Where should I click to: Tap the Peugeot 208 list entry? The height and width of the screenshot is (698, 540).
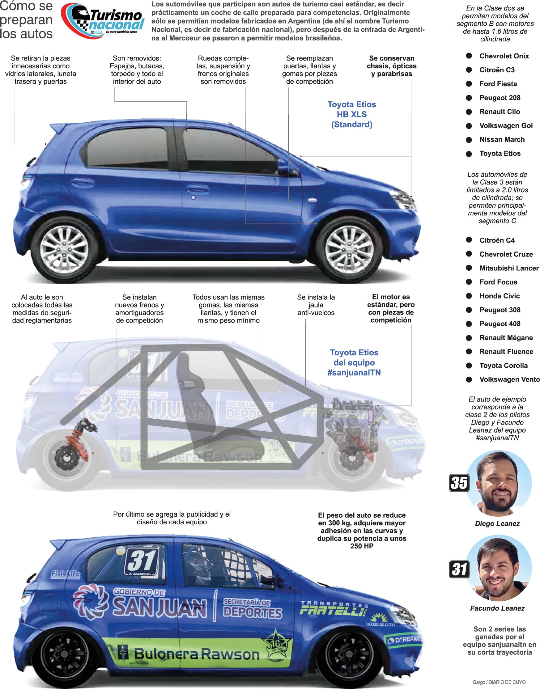(500, 98)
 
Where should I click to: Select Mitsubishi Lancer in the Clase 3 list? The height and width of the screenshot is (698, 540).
(509, 268)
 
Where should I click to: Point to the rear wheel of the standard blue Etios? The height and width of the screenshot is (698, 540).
(65, 249)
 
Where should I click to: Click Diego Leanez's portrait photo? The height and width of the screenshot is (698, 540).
(498, 484)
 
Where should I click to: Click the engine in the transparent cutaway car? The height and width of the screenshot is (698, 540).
(352, 422)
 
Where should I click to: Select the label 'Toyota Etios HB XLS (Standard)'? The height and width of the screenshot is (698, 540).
(352, 114)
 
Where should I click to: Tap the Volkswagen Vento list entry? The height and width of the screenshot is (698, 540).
(509, 379)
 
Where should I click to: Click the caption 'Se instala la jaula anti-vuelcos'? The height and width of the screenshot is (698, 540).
(316, 305)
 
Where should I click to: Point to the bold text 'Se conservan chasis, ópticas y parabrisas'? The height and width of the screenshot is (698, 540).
(392, 66)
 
